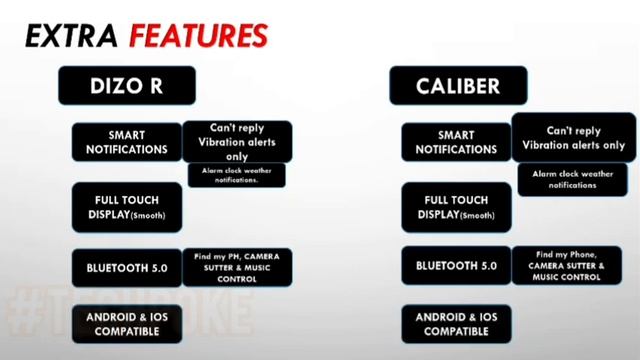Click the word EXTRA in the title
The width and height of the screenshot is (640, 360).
click(68, 37)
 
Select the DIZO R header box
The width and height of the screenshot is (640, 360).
click(125, 87)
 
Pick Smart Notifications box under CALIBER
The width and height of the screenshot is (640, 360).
click(455, 143)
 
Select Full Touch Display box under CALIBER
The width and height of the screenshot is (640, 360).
click(455, 207)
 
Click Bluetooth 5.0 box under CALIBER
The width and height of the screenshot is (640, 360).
click(455, 266)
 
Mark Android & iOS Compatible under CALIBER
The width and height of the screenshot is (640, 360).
click(455, 323)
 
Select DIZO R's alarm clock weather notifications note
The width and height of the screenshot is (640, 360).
click(236, 175)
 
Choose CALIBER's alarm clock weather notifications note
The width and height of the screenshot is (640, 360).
click(573, 180)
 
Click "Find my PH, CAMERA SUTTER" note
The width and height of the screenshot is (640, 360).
click(236, 267)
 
